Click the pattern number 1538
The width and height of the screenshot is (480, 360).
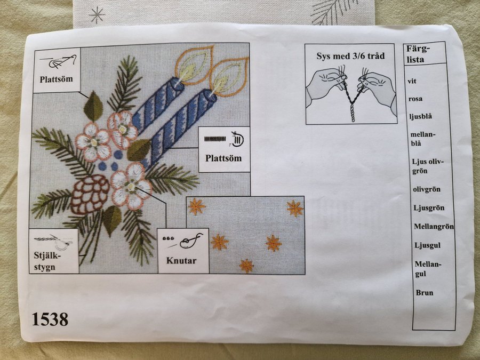tap(50, 319)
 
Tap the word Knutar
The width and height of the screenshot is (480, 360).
tap(181, 261)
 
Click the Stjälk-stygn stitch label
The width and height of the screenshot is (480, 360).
tap(45, 261)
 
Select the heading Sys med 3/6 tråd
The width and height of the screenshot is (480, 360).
tap(350, 57)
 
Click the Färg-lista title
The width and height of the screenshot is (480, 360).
tap(418, 54)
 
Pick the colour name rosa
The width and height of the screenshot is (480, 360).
tap(415, 99)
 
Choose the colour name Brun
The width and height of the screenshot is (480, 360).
tap(425, 293)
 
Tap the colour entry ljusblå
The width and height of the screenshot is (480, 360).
tap(421, 116)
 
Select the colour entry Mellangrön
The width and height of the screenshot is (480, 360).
tap(434, 227)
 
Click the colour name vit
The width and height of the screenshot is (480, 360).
tap(412, 82)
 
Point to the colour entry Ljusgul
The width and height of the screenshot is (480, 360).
tap(428, 245)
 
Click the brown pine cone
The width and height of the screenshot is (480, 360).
tap(90, 194)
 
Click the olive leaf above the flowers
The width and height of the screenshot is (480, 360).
tap(93, 106)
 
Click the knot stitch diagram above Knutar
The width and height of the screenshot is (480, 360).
tap(183, 241)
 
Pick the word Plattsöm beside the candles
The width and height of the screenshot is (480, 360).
tap(223, 158)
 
